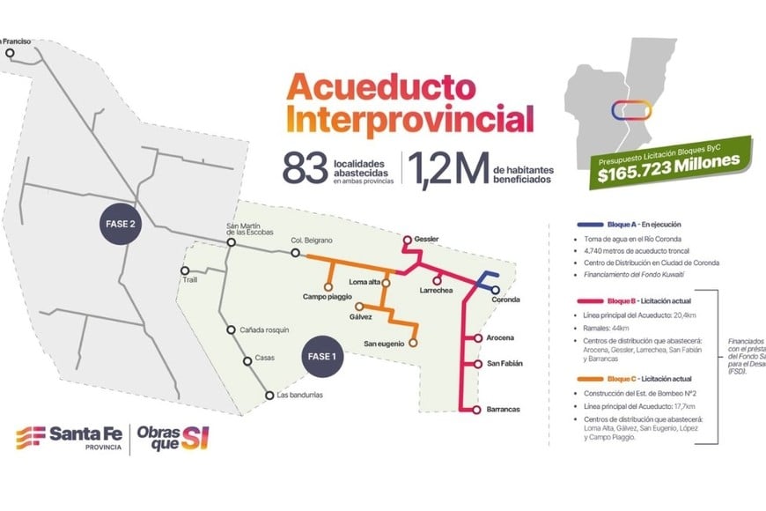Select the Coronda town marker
(x=496, y=289)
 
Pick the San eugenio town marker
(x=413, y=343)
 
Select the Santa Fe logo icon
(x=31, y=437)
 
